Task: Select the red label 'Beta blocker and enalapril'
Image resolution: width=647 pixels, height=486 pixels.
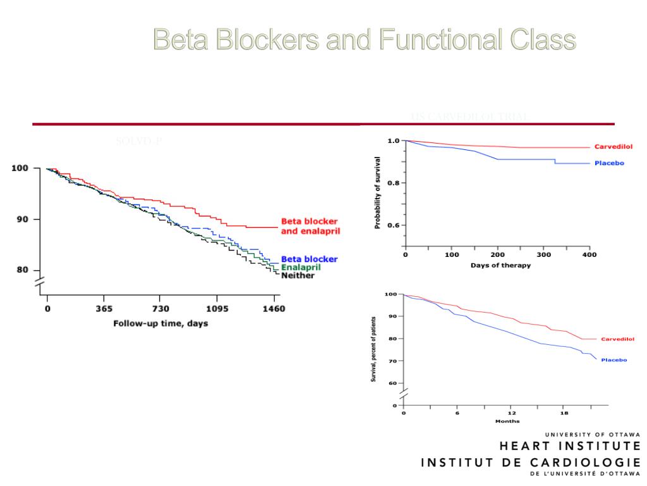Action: click(x=310, y=227)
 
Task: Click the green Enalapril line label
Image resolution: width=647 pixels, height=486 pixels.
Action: click(x=301, y=268)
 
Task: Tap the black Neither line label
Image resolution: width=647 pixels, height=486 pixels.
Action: click(x=297, y=276)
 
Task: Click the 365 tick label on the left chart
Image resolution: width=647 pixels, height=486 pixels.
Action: click(x=104, y=309)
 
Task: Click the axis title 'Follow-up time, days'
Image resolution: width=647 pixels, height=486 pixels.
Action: click(x=160, y=323)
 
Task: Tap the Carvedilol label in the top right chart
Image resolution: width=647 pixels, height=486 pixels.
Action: click(x=613, y=147)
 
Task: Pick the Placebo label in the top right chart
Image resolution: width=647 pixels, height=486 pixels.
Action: click(x=608, y=163)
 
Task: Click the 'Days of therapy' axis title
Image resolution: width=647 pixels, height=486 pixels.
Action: click(x=500, y=266)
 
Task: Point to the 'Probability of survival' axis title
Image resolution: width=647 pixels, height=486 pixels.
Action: click(x=377, y=192)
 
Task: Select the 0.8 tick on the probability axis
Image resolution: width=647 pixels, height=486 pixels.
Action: click(x=393, y=184)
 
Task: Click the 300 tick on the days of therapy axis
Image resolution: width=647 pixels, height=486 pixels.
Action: click(x=543, y=255)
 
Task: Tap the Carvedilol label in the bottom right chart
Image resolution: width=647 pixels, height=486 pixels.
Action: click(x=617, y=339)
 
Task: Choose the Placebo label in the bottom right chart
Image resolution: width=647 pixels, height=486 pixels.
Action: click(x=614, y=360)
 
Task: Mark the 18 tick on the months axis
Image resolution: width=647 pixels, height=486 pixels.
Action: click(x=565, y=413)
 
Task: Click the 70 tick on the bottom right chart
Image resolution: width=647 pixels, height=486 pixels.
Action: click(x=392, y=361)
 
